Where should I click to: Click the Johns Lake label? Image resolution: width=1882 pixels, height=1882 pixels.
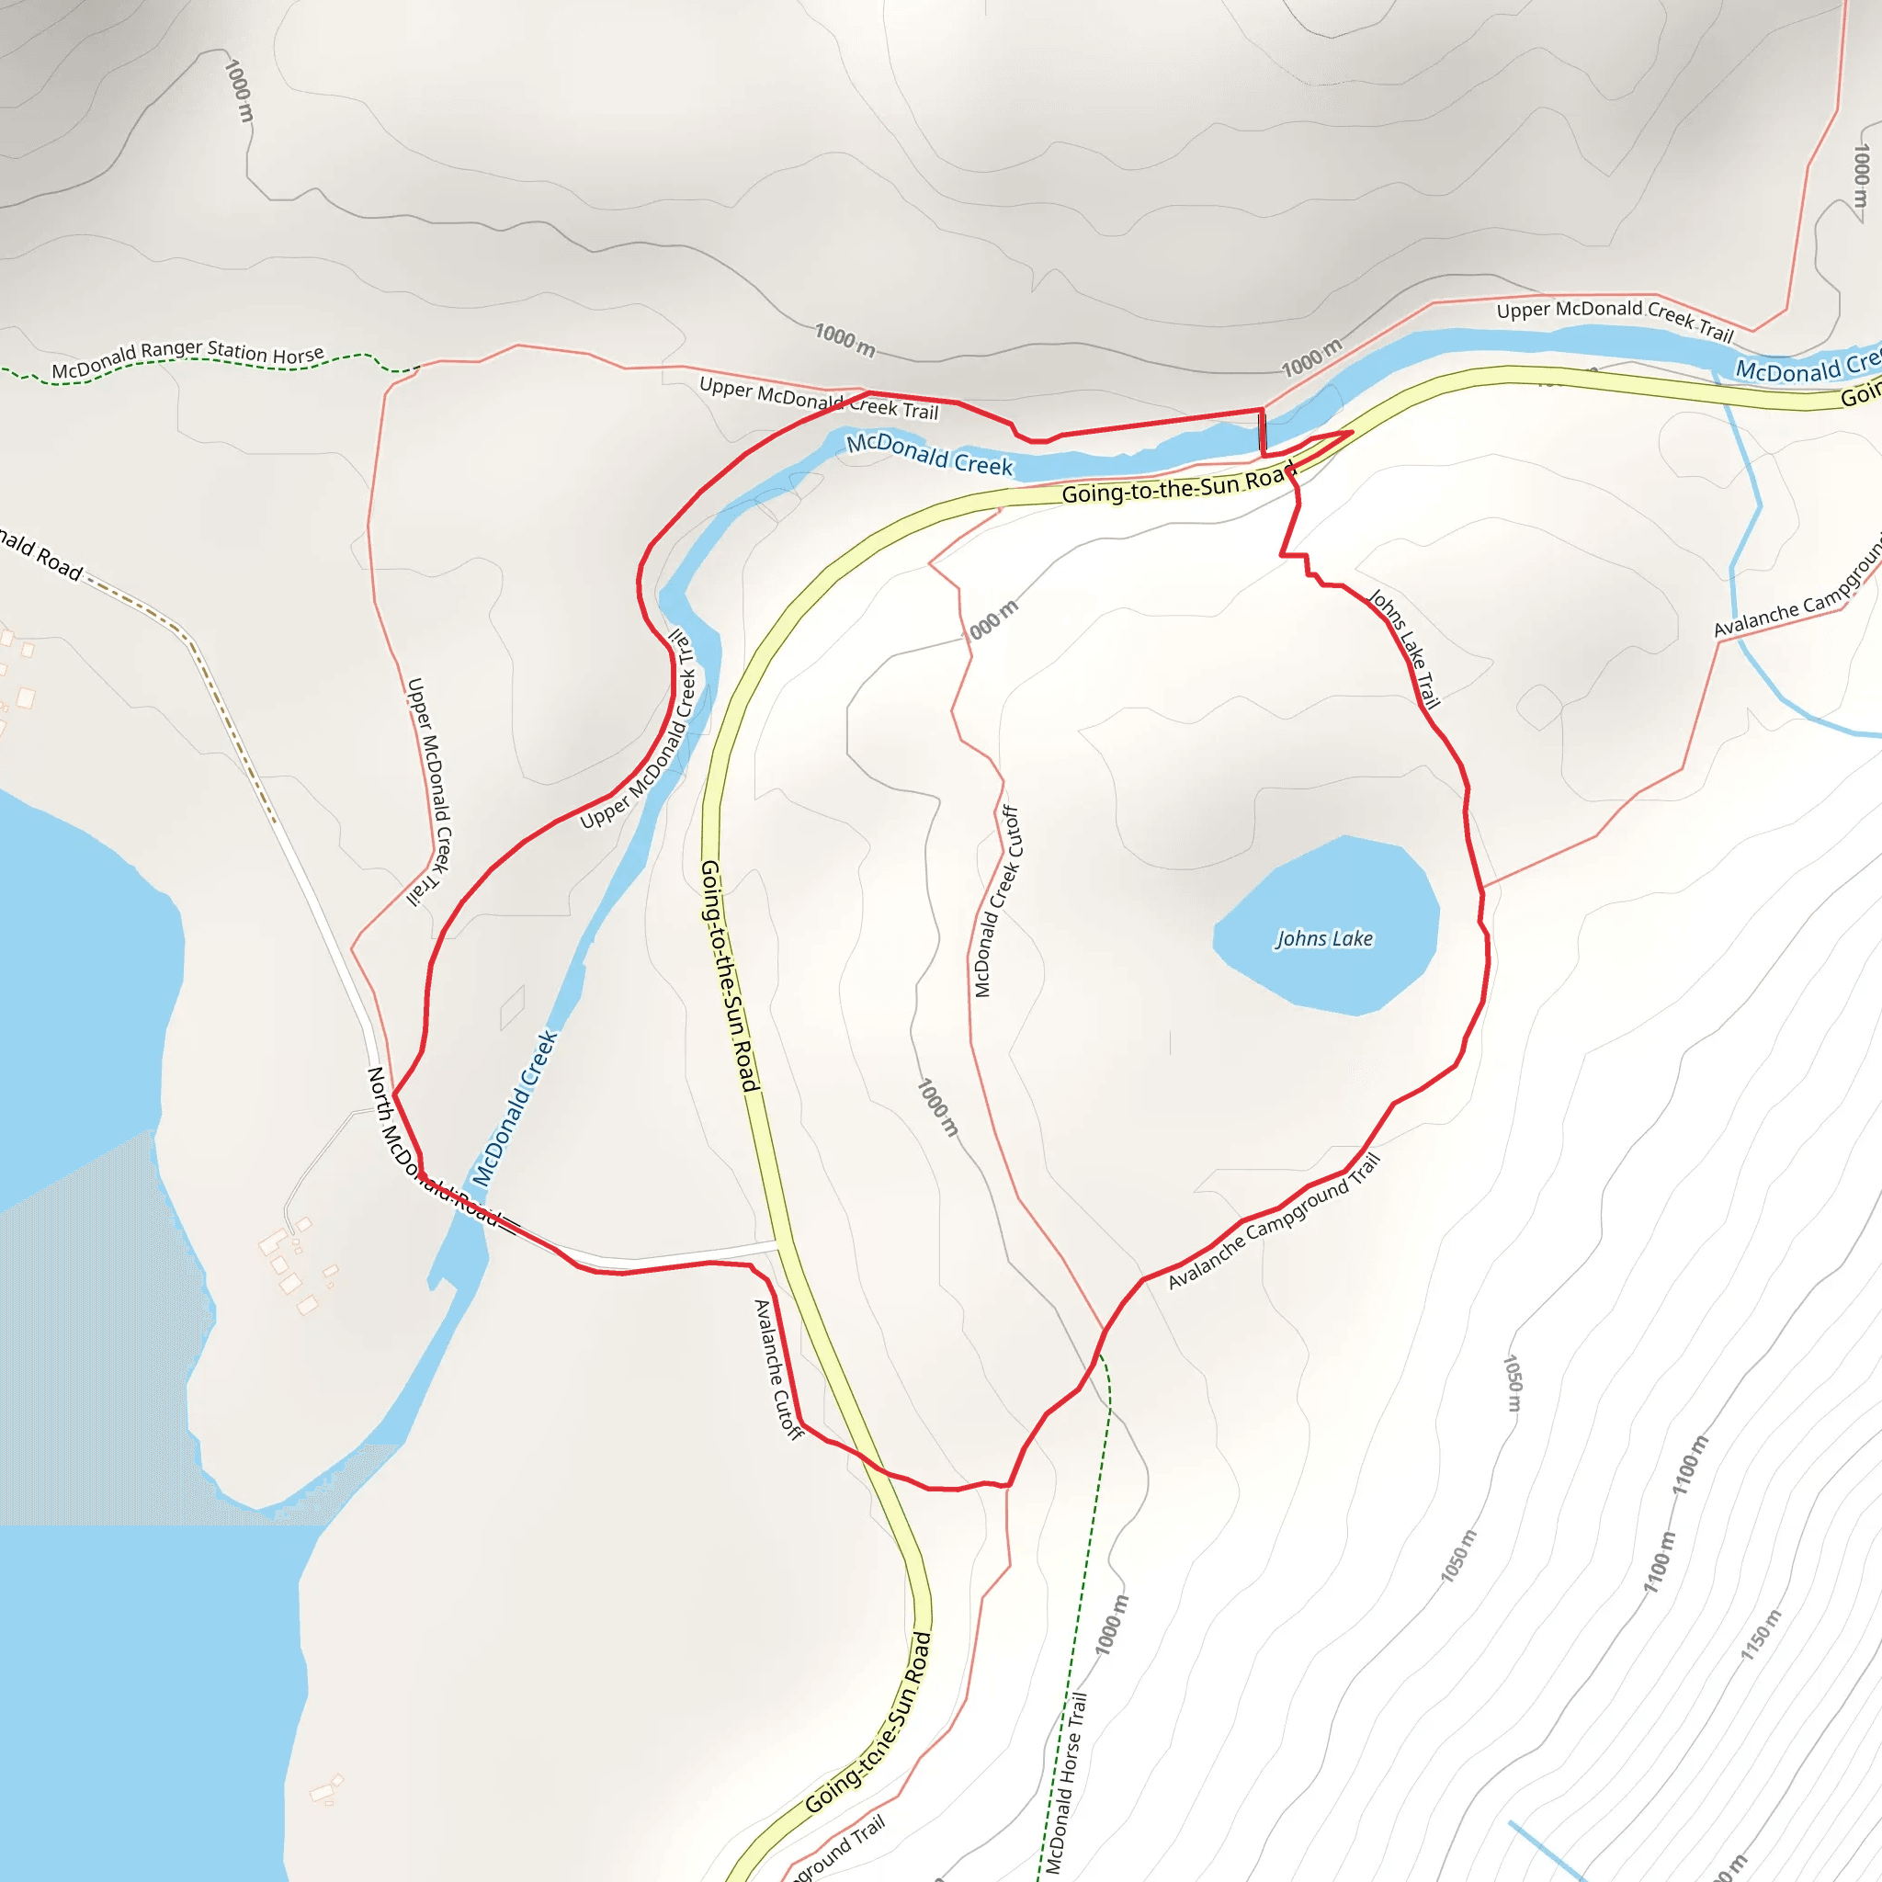point(1324,939)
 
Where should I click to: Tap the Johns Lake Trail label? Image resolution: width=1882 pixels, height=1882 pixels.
point(1404,648)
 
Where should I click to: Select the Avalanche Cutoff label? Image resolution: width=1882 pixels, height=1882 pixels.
point(778,1369)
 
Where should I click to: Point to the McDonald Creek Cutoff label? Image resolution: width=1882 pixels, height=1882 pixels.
point(996,901)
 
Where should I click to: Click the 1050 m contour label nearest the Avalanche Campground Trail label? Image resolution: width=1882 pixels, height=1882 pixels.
point(1512,1382)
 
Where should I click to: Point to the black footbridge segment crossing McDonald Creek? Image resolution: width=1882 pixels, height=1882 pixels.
point(1263,432)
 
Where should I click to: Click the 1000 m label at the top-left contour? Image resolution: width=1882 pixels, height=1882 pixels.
point(239,91)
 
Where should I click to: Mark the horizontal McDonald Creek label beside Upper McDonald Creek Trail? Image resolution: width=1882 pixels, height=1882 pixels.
point(929,456)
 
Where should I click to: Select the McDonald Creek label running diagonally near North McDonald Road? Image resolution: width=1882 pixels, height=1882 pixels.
point(515,1107)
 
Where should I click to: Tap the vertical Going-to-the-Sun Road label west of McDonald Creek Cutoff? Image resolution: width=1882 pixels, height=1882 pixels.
point(729,975)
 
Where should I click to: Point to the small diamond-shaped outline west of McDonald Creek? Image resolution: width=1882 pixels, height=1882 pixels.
point(513,1007)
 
